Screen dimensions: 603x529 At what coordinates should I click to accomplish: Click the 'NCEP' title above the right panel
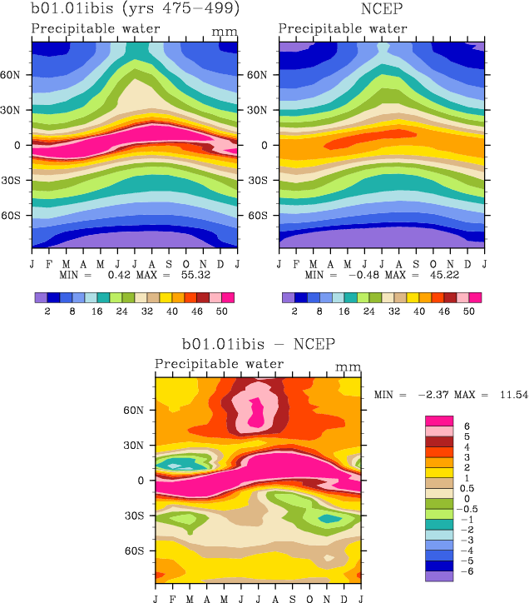coord(382,10)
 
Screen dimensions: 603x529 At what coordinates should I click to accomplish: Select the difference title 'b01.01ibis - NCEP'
coord(258,343)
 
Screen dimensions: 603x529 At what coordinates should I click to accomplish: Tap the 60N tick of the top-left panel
coord(17,74)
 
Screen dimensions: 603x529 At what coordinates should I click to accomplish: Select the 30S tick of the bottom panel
coord(141,516)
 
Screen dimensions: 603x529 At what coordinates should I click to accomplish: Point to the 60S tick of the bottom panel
coord(141,551)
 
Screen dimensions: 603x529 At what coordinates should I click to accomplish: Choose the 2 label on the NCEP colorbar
coord(294,309)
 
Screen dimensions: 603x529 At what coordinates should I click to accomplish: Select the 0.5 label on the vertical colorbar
coord(468,488)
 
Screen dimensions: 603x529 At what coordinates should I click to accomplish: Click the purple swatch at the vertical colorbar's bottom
coord(438,576)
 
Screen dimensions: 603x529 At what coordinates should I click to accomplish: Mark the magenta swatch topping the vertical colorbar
coord(438,421)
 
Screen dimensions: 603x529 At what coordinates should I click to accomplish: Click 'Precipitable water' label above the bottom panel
coord(219,365)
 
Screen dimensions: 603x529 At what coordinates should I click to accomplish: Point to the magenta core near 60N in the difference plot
coord(256,411)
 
